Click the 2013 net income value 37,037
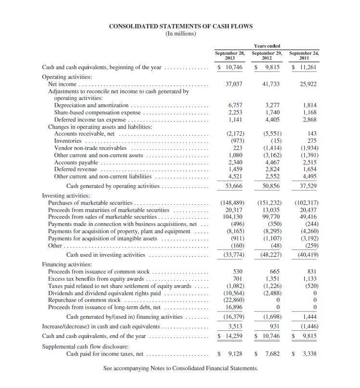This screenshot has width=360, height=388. click(233, 84)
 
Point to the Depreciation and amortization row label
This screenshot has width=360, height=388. click(91, 105)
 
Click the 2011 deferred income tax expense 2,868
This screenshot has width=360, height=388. click(309, 119)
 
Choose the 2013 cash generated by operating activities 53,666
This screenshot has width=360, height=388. click(233, 186)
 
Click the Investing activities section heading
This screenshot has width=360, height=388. click(66, 196)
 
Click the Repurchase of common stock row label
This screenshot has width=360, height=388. click(84, 300)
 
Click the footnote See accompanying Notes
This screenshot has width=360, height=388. click(180, 369)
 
